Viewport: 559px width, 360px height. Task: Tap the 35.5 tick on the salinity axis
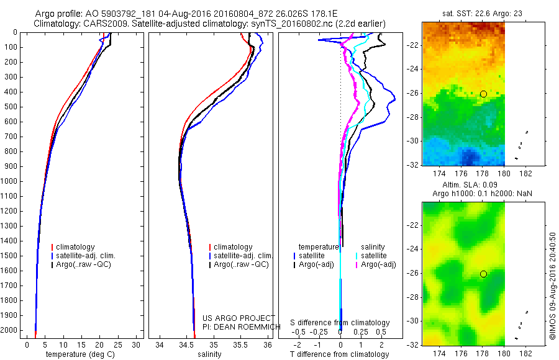pos(240,344)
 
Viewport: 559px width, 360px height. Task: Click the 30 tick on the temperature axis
pos(137,344)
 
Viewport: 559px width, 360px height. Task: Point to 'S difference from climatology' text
pos(340,323)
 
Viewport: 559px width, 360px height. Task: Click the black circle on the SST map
pos(483,94)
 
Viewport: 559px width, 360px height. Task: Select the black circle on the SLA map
pos(483,274)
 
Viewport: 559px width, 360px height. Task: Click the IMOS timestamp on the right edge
pos(552,287)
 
